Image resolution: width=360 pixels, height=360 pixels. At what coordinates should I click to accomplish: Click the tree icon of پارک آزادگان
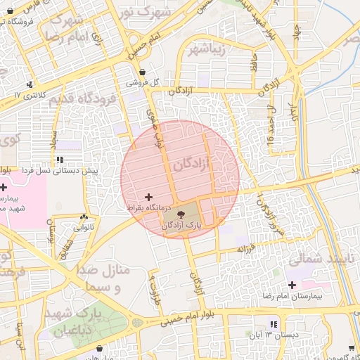pos(181,214)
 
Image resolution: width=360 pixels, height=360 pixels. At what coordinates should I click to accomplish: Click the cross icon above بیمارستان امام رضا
pos(292,285)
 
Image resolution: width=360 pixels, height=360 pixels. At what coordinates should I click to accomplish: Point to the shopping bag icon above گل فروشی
pos(143,72)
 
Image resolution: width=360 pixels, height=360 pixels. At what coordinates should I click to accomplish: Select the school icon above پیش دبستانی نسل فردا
pos(60,160)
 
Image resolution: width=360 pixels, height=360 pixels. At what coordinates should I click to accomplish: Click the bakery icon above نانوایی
pos(84,217)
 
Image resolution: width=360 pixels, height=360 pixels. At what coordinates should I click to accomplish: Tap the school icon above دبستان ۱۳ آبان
pos(274,324)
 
